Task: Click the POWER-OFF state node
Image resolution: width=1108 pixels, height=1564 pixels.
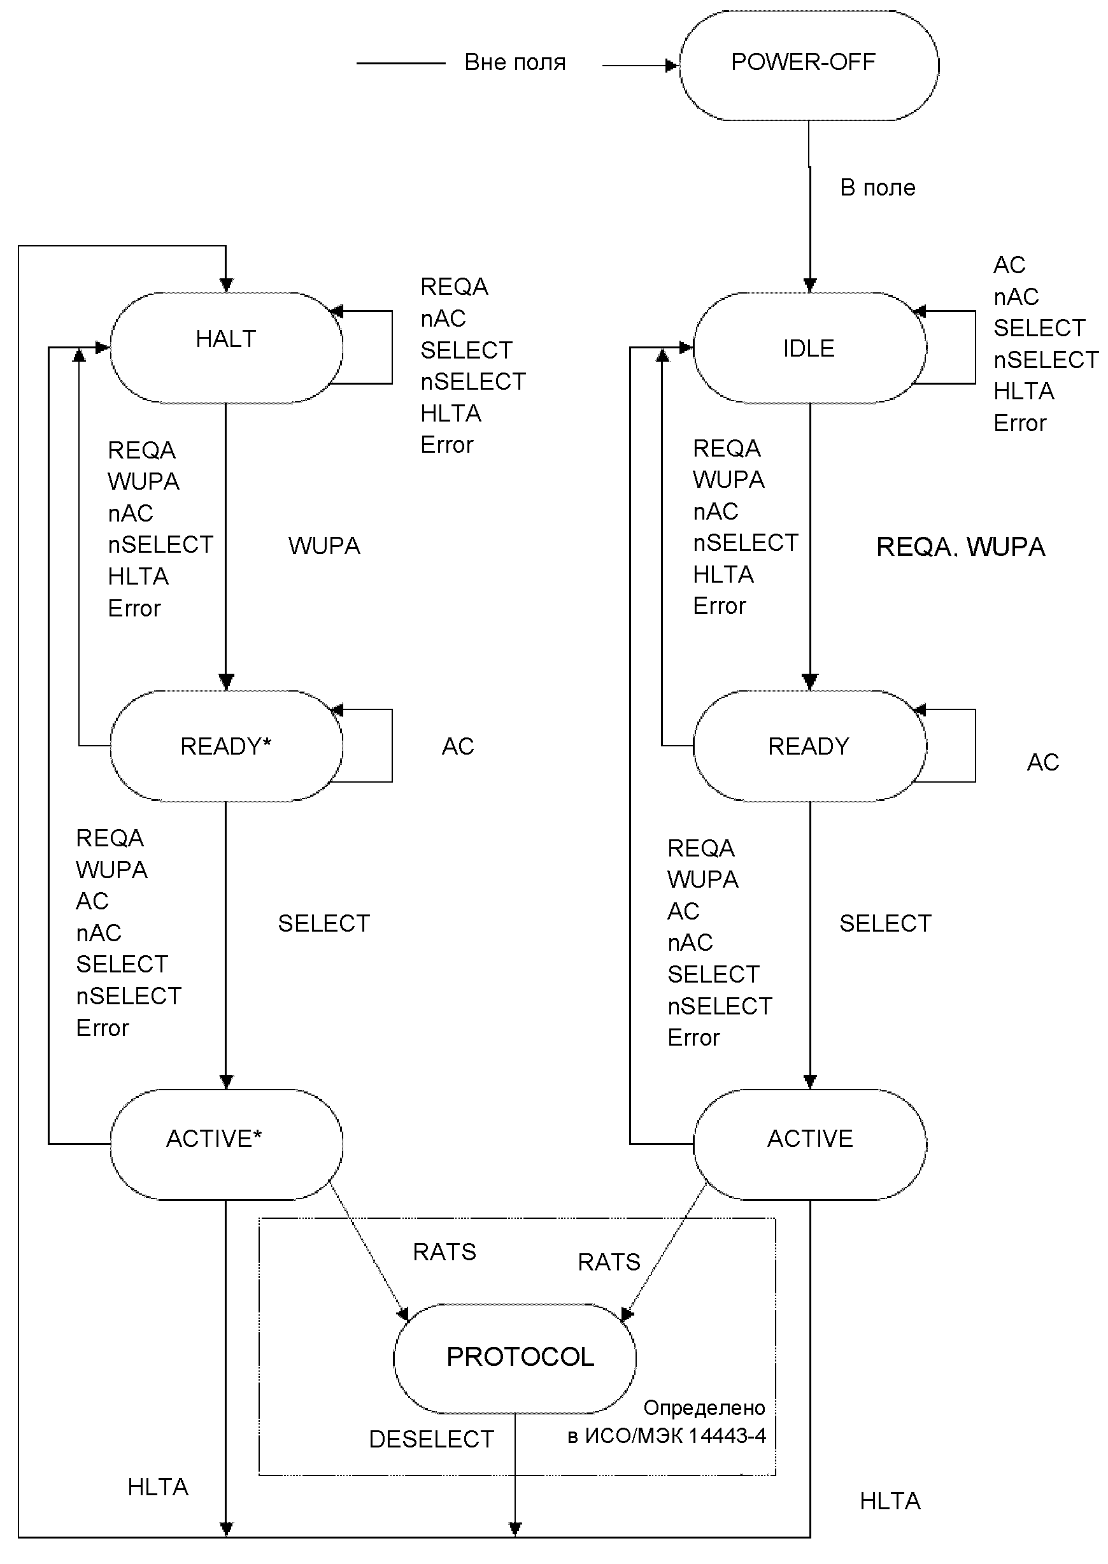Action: [x=809, y=66]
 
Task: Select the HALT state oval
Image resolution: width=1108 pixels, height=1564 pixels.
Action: [x=227, y=348]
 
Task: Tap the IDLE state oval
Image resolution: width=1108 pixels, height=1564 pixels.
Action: [x=810, y=348]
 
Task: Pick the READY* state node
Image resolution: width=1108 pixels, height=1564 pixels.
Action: [x=227, y=746]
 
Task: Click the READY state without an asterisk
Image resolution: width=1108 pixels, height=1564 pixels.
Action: [x=810, y=746]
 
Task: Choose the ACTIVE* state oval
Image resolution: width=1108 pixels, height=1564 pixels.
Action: [x=227, y=1144]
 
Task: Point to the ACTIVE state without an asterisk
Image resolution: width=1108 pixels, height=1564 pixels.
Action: [x=810, y=1144]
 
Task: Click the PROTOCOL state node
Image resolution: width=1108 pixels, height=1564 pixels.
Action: [x=515, y=1358]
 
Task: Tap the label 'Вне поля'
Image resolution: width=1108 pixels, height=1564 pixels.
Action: [x=515, y=62]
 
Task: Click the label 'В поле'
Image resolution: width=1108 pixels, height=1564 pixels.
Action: [x=877, y=188]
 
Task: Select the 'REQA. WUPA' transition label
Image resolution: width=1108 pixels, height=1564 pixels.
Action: [x=961, y=547]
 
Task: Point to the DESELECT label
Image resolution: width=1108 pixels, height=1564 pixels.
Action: [x=431, y=1439]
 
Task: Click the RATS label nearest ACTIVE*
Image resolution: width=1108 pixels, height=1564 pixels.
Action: [x=445, y=1252]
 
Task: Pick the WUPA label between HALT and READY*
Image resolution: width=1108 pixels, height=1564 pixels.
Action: [x=324, y=546]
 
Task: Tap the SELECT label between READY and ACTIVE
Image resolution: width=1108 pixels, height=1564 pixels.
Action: [x=886, y=923]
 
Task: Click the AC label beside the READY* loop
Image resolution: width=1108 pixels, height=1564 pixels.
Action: [x=458, y=746]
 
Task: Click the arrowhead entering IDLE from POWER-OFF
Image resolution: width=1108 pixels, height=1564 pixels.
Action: [x=810, y=286]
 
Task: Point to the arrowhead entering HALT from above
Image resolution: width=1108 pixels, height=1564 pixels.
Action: [x=227, y=286]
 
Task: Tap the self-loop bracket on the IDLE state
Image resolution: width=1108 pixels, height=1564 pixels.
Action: [x=975, y=347]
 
